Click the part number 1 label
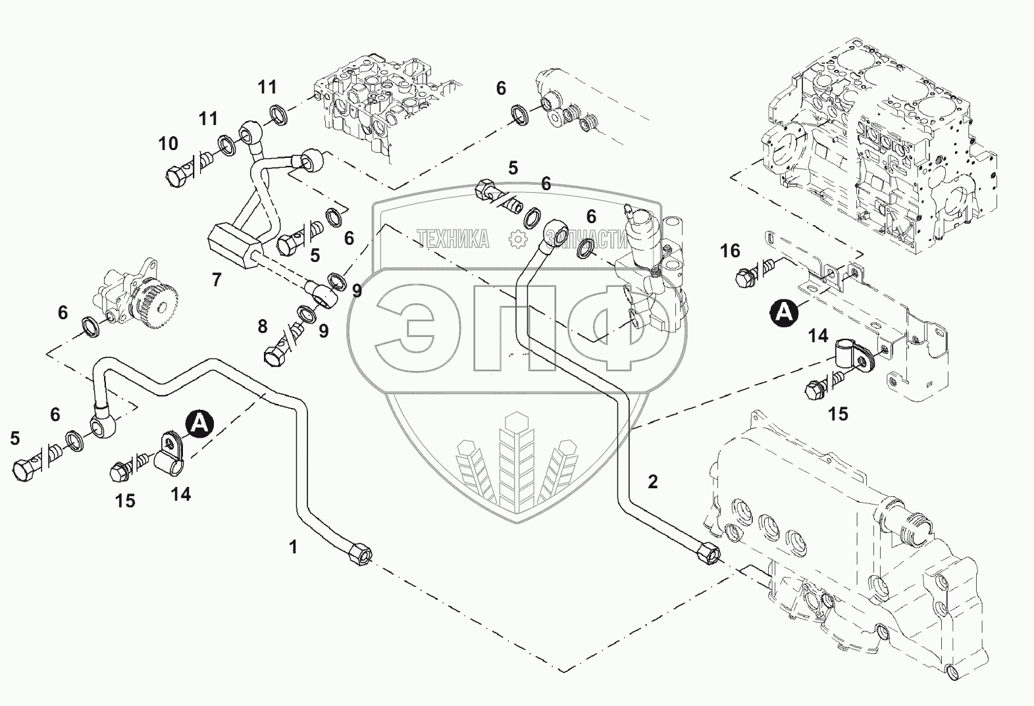click(x=294, y=546)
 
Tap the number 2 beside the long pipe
click(x=652, y=482)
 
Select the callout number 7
click(x=217, y=280)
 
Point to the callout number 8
click(x=263, y=326)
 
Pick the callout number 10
click(x=168, y=143)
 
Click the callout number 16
click(x=730, y=251)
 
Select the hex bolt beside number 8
click(x=274, y=355)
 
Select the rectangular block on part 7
click(x=234, y=245)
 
